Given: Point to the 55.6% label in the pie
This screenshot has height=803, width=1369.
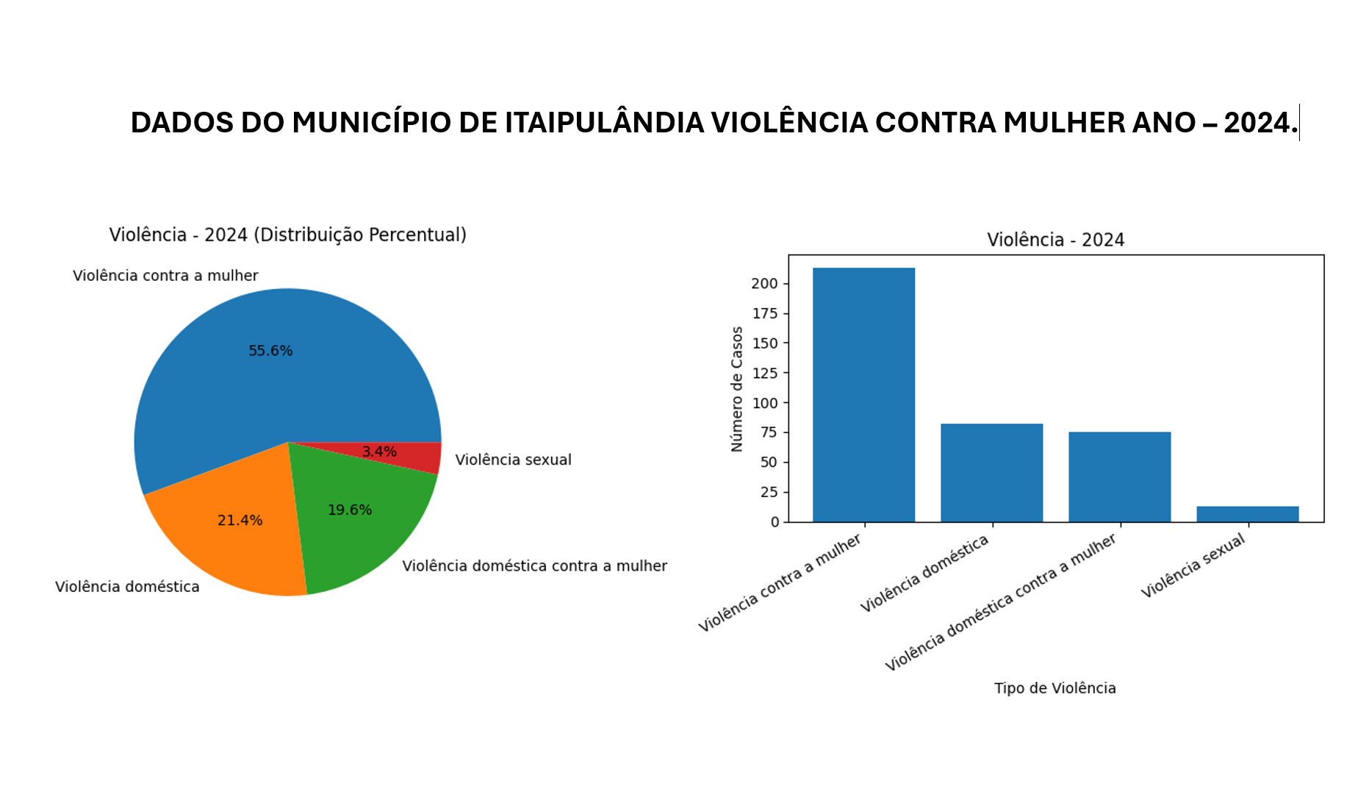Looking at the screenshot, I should (x=270, y=351).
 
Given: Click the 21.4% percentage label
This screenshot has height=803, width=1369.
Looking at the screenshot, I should (x=240, y=521).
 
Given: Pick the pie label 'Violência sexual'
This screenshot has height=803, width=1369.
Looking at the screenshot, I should (x=513, y=460).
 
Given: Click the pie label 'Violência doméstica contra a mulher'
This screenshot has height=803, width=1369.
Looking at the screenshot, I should (x=534, y=565).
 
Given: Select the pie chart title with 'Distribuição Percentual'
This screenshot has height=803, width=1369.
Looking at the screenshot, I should (x=288, y=235).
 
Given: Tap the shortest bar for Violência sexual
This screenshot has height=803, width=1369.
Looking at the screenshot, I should (x=1247, y=514).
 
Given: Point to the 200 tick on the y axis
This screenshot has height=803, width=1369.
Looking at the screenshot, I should (x=764, y=284).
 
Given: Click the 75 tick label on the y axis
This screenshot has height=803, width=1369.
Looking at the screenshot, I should (x=769, y=432).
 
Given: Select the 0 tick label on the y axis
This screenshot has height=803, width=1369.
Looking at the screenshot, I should (x=775, y=522).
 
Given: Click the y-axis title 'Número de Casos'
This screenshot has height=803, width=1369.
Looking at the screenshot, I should (x=737, y=389).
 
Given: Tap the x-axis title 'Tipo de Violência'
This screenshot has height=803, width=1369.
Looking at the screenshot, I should (x=1054, y=688).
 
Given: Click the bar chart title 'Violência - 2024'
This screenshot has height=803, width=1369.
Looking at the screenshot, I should (x=1055, y=240).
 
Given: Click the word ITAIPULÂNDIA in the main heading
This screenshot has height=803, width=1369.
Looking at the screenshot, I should (x=605, y=123).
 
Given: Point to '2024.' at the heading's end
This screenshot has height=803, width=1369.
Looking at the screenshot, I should (x=1260, y=123).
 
